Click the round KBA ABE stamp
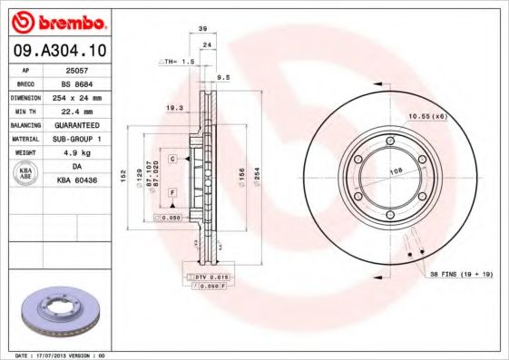(26, 174)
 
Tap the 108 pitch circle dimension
(396, 170)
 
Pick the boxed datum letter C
(171, 159)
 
